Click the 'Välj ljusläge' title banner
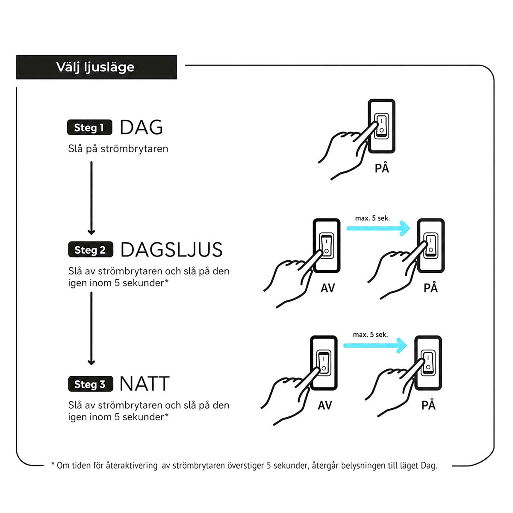click(x=96, y=67)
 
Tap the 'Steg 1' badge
click(x=89, y=127)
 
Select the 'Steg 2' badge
click(x=91, y=250)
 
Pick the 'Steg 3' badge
click(x=91, y=384)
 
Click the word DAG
click(x=142, y=127)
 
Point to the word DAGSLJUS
click(x=171, y=250)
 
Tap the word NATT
click(x=144, y=383)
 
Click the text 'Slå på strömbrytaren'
click(x=118, y=148)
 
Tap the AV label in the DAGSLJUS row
click(x=327, y=288)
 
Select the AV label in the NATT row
click(x=325, y=405)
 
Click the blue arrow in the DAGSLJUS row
click(x=378, y=228)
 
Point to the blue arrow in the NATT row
click(x=375, y=345)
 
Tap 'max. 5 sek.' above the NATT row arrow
click(x=370, y=335)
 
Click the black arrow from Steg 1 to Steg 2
click(x=91, y=198)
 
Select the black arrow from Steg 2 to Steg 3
click(x=91, y=328)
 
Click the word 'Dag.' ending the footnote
click(x=429, y=466)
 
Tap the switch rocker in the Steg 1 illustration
click(x=381, y=126)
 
